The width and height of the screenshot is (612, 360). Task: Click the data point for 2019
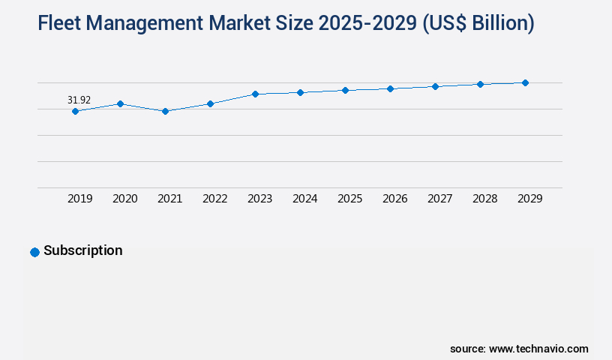(75, 111)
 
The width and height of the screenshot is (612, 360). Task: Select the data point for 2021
(165, 111)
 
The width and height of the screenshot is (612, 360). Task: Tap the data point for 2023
(255, 94)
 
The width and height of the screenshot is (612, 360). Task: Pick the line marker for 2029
(525, 82)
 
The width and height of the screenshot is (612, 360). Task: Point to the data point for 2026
(390, 88)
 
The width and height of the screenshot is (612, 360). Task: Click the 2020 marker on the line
(120, 103)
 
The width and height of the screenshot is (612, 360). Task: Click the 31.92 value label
(79, 100)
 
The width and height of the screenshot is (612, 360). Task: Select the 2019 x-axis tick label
(80, 199)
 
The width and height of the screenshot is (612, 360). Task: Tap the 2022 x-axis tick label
(215, 199)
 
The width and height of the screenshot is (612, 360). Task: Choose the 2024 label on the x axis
(305, 199)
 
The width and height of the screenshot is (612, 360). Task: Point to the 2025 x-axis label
(350, 199)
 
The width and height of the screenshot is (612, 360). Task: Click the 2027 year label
(440, 199)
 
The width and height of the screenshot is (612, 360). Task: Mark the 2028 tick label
(485, 199)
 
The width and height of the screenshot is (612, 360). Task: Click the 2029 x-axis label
(530, 199)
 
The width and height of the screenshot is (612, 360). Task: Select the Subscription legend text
(82, 250)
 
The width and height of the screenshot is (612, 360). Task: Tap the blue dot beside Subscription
(34, 252)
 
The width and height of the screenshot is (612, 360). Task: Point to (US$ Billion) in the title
(478, 24)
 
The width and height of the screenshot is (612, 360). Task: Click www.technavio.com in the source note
(538, 349)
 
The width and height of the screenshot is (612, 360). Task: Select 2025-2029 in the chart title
(370, 24)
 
